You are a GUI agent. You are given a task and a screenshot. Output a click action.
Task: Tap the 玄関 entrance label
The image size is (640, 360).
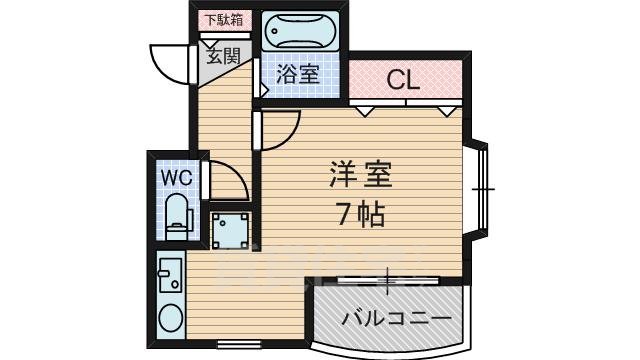click(x=223, y=56)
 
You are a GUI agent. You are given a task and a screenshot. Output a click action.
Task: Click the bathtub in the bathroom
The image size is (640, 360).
click(x=302, y=34)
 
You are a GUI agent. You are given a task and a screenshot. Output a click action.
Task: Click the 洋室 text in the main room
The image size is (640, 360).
click(x=356, y=176)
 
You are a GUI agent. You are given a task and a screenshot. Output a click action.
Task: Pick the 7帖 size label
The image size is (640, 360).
click(x=357, y=213)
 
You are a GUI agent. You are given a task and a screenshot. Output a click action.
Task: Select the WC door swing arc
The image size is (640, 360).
click(x=227, y=180)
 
